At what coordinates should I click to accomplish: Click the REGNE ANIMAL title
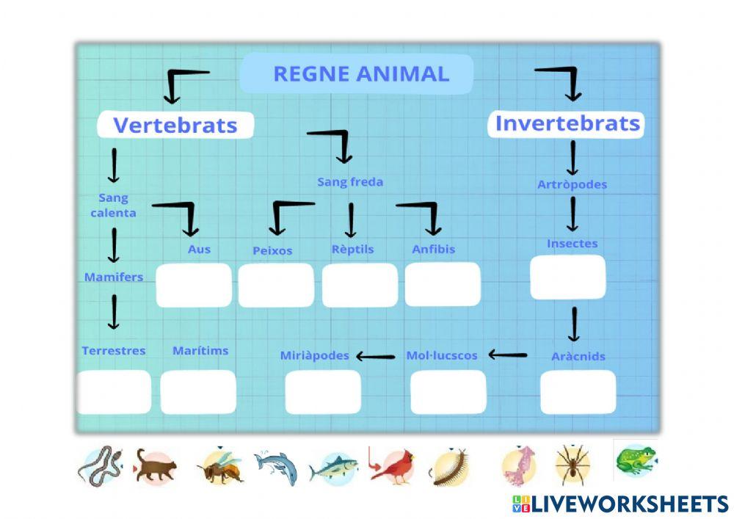pos(360,74)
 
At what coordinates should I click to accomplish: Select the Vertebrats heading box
pos(175,125)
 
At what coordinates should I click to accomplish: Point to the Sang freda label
pos(350,182)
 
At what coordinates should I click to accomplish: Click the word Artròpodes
pos(572,185)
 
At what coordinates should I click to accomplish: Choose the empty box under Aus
pos(193,285)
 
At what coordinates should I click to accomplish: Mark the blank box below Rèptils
pos(360,285)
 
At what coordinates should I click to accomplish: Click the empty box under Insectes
pos(567,277)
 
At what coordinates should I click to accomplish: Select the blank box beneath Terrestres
pos(114,391)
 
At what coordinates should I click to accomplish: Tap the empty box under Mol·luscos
pos(448,391)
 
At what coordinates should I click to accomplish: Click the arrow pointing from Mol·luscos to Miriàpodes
pos(376,357)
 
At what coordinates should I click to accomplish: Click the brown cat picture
pos(156,468)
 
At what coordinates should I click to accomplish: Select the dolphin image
pos(277,466)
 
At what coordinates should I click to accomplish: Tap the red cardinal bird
pos(392,468)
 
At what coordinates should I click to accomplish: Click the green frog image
pos(636,460)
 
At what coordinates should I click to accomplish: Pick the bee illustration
pos(220,467)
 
